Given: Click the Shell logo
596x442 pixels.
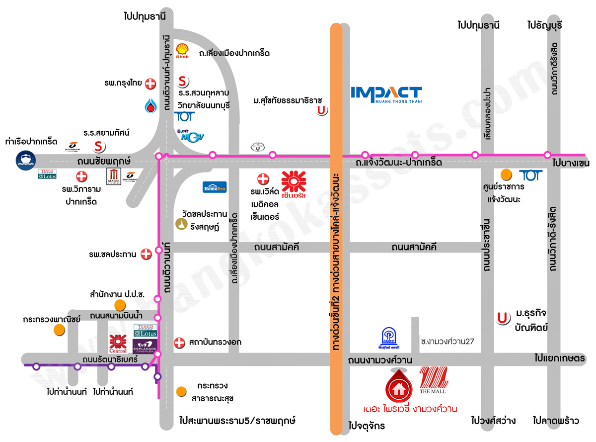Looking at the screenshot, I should pos(183,50).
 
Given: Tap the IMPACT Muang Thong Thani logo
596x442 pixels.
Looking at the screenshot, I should pos(386,94).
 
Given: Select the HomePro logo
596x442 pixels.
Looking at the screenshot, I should pos(215,186).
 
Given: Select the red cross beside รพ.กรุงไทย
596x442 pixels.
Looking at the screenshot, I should pos(150,84).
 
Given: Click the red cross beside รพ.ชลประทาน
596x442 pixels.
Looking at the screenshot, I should pos(146,254).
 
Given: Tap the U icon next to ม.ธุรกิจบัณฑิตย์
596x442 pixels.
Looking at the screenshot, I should pos(504,318).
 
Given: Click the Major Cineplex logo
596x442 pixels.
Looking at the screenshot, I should pos(114,177).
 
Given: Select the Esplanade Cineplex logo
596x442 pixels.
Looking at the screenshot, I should pos(145,346).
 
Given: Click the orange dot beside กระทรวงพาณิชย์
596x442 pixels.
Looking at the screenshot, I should pos(60,330).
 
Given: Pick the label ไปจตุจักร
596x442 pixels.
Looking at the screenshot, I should pos(367,426).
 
